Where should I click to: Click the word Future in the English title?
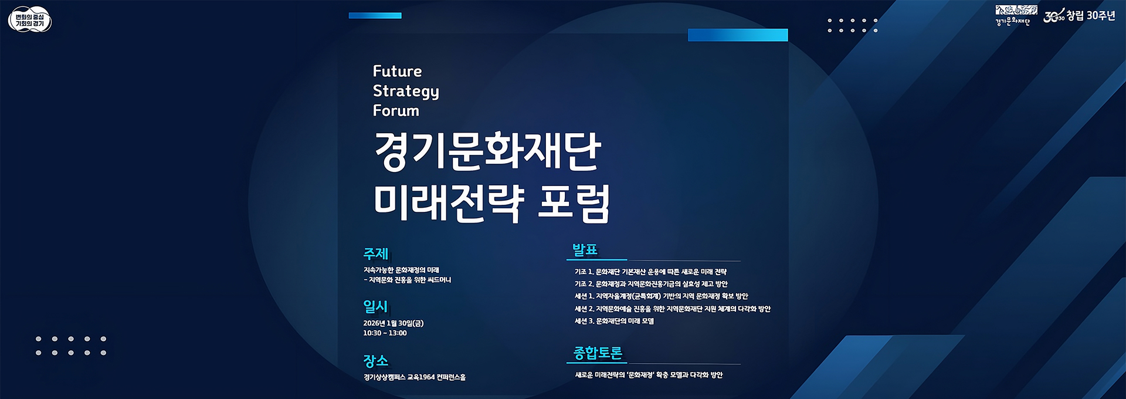point(397,71)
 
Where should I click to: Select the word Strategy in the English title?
point(406,92)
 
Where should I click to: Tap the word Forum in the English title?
point(396,110)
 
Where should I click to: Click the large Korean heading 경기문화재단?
point(487,151)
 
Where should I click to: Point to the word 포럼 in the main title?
point(574,202)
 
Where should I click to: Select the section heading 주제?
point(376,253)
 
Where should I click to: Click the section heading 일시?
point(375,306)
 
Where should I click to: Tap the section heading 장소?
point(376,360)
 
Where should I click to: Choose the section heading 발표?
point(585,249)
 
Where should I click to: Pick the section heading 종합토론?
point(598,353)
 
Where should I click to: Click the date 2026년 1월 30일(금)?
point(393,323)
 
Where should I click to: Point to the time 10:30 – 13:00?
point(385,333)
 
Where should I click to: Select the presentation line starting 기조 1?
point(650,272)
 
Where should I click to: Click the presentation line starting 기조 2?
point(651,284)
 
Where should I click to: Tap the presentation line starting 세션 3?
point(614,321)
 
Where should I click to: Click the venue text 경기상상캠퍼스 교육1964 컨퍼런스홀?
point(414,377)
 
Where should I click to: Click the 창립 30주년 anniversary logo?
point(1079,16)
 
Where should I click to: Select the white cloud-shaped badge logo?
point(30,20)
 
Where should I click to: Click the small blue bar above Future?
point(375,16)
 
